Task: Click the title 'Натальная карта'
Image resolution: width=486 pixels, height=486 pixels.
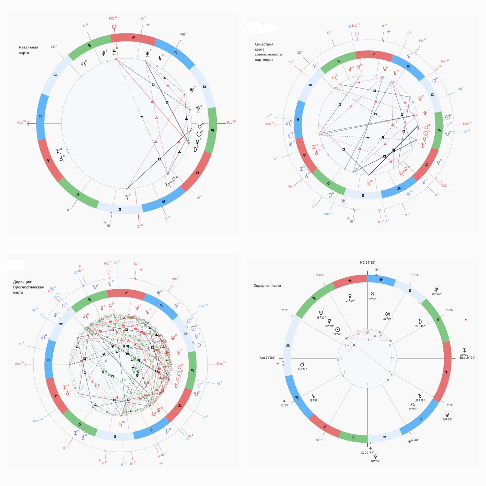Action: [x=28, y=50]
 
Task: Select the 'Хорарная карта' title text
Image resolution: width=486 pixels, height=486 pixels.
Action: [x=267, y=286]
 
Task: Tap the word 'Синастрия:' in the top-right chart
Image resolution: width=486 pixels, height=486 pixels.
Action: [x=264, y=44]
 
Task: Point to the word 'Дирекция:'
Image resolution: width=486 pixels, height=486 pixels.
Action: [x=23, y=282]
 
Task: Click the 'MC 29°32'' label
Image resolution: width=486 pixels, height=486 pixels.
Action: [x=367, y=262]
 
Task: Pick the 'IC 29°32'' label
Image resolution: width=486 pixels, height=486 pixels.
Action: [x=367, y=453]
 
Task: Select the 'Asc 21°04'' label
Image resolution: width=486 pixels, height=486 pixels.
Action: [x=267, y=358]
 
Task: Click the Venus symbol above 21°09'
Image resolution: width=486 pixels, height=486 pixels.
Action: [x=350, y=296]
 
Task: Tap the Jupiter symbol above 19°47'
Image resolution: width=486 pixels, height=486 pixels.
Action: [x=372, y=294]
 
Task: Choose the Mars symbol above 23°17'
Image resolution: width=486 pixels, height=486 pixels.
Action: [x=302, y=364]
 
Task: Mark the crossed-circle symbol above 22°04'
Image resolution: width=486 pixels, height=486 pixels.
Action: [x=387, y=314]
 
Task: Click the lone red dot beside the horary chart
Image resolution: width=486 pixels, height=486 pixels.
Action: [x=465, y=320]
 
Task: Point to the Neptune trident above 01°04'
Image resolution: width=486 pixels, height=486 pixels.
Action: [x=447, y=415]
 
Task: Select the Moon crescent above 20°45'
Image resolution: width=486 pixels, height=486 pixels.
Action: [x=420, y=321]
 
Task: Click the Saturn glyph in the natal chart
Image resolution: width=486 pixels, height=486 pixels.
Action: [x=127, y=197]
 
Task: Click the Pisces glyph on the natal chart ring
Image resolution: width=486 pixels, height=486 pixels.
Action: [x=40, y=117]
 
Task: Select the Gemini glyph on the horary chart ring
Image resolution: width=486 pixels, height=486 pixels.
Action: [x=410, y=291]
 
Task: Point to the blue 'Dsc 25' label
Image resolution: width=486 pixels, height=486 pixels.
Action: [x=203, y=306]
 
